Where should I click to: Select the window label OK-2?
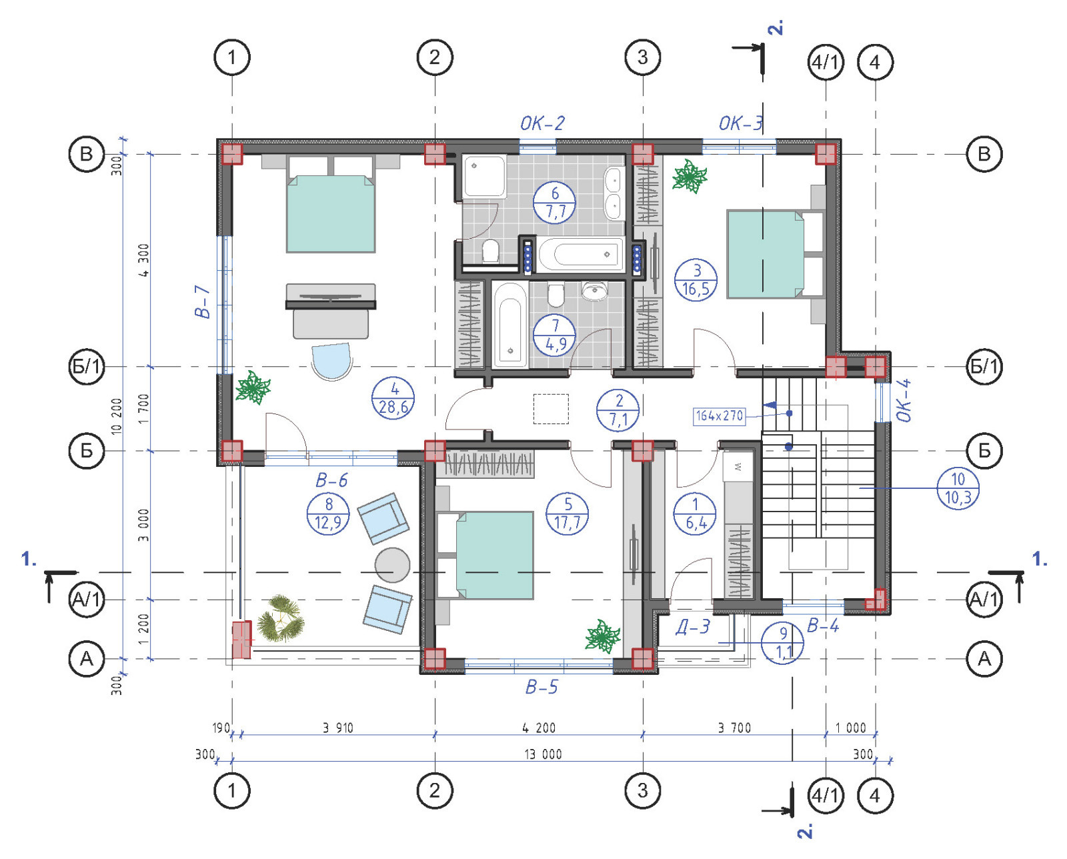click(542, 123)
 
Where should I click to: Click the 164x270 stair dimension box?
click(719, 415)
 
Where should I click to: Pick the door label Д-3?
click(693, 627)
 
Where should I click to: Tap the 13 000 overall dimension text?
click(543, 754)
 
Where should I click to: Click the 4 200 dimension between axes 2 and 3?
click(539, 728)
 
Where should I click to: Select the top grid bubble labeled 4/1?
click(826, 63)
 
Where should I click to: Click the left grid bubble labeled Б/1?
click(87, 367)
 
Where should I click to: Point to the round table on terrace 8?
click(392, 565)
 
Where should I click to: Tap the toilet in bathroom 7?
click(556, 295)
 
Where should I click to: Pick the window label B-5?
click(542, 687)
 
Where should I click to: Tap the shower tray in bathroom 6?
click(484, 177)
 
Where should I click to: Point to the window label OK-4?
click(904, 400)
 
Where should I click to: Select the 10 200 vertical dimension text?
click(117, 417)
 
